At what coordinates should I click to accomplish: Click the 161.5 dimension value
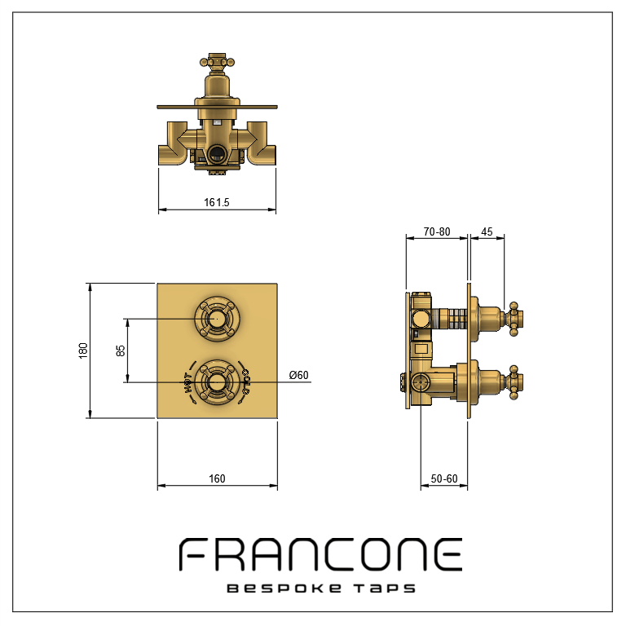tap(217, 202)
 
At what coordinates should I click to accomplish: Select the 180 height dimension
tap(83, 350)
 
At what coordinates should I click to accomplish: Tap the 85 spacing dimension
tap(120, 350)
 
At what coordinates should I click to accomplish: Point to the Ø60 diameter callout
tap(298, 375)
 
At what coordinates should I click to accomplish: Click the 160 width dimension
tap(217, 478)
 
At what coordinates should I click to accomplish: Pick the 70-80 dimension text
tap(437, 231)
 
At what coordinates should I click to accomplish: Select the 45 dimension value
tap(487, 231)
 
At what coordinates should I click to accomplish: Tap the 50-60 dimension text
tap(444, 478)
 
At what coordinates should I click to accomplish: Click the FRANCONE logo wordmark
tap(320, 554)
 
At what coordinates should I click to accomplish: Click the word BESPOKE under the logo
tap(284, 589)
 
